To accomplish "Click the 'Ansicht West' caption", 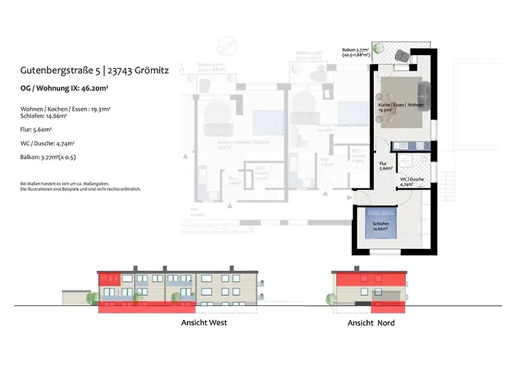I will pyautogui.click(x=204, y=321).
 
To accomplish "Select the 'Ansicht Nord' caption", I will pyautogui.click(x=369, y=321).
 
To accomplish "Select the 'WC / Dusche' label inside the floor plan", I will pyautogui.click(x=413, y=181).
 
